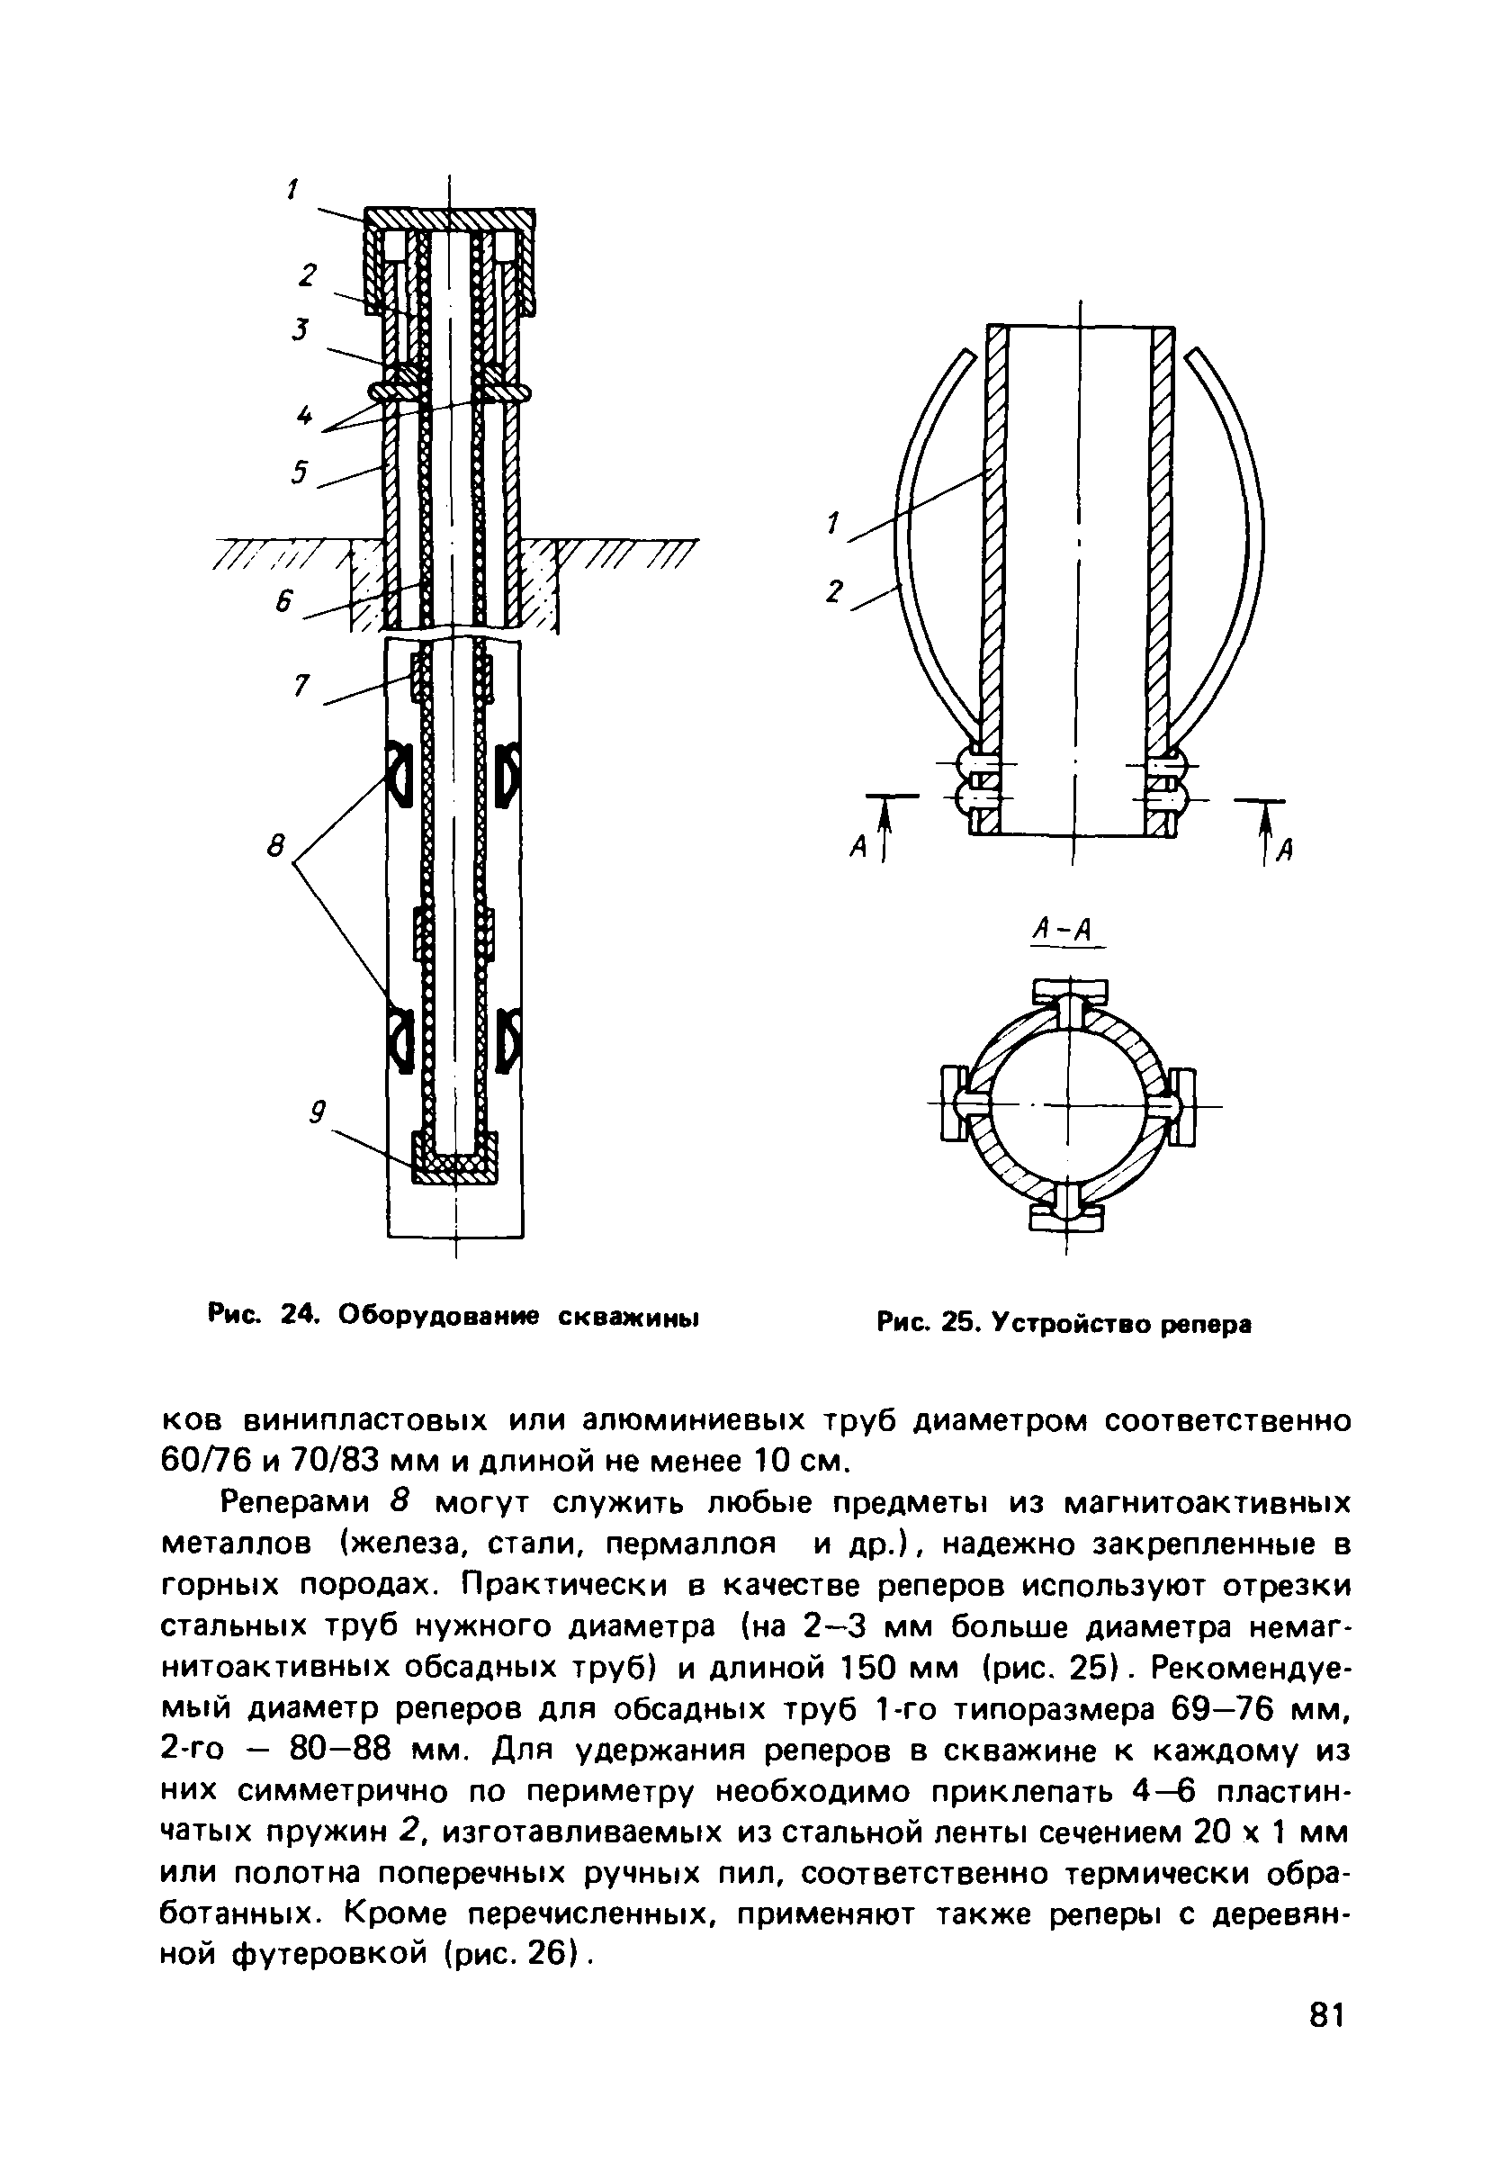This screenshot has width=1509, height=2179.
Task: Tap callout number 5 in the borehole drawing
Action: tap(300, 471)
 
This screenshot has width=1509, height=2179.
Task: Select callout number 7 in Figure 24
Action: tap(301, 687)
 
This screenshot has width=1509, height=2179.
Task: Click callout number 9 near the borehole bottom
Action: tap(319, 1113)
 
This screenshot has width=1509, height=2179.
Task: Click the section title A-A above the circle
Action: tap(1063, 931)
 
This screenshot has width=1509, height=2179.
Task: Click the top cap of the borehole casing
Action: tap(450, 221)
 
